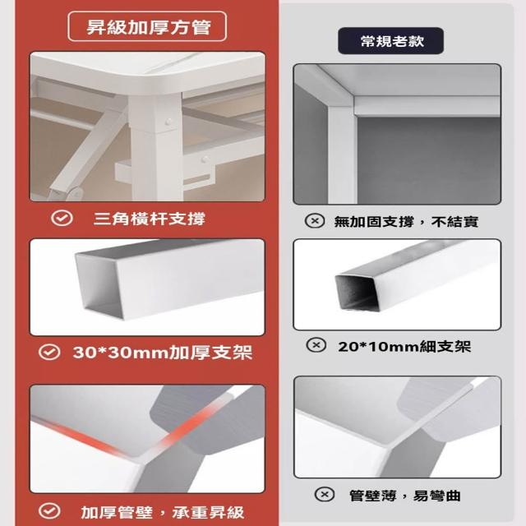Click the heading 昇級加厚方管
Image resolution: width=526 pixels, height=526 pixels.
(148, 27)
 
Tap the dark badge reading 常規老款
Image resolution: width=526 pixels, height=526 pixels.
(391, 41)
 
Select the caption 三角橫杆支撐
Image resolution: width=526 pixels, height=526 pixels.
(149, 219)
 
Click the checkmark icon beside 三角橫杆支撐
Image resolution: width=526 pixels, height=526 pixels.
(62, 218)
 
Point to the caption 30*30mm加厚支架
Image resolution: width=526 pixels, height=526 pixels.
(163, 353)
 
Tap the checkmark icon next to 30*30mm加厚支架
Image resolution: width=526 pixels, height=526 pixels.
(49, 352)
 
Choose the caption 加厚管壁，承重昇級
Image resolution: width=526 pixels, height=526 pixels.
(163, 512)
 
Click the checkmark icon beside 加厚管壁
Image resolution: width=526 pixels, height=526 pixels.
(49, 510)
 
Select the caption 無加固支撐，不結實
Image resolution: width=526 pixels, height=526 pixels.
(406, 222)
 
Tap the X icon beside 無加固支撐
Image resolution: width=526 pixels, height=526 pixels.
(315, 221)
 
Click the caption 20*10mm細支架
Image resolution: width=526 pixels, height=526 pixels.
(404, 347)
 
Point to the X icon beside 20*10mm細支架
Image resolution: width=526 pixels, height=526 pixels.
(316, 345)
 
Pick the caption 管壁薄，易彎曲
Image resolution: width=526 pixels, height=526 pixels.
(405, 496)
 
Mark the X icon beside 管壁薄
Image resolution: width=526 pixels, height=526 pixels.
(325, 494)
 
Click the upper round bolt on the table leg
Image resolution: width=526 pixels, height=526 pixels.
(168, 122)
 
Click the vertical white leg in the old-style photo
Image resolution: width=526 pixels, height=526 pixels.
(340, 151)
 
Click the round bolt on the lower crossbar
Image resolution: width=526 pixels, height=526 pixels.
(205, 159)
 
